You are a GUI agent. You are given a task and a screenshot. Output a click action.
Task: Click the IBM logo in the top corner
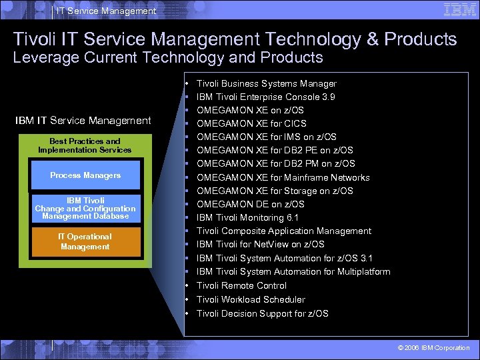click(459, 9)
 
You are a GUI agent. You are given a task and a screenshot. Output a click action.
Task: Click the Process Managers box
click(85, 175)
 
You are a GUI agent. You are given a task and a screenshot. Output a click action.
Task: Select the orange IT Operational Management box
click(85, 242)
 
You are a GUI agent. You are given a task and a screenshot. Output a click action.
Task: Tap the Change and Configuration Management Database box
click(85, 209)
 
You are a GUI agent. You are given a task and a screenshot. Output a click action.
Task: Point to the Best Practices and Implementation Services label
click(85, 145)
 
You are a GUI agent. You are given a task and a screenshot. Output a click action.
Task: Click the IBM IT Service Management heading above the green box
click(83, 121)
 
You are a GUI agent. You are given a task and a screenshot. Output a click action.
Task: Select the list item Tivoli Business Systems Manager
click(267, 84)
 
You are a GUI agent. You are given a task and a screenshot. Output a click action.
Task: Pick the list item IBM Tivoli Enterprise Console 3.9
click(266, 97)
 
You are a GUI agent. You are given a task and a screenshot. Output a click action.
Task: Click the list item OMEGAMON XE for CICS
click(251, 124)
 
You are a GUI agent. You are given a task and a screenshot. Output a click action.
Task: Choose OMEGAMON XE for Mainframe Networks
click(283, 177)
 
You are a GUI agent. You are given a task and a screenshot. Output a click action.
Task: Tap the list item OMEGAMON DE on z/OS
click(251, 204)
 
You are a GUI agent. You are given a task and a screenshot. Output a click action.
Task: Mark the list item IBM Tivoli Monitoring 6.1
click(247, 218)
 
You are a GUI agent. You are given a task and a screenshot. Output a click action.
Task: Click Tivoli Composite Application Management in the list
click(284, 231)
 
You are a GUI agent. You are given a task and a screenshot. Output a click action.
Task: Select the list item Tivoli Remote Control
click(241, 285)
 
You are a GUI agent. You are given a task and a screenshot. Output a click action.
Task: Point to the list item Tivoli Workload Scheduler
click(251, 299)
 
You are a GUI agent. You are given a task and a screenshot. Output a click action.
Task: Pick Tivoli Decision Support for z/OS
click(263, 313)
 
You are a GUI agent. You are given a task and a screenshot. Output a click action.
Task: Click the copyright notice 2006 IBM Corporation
click(433, 348)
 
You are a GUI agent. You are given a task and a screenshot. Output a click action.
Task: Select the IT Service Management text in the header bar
click(106, 11)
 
